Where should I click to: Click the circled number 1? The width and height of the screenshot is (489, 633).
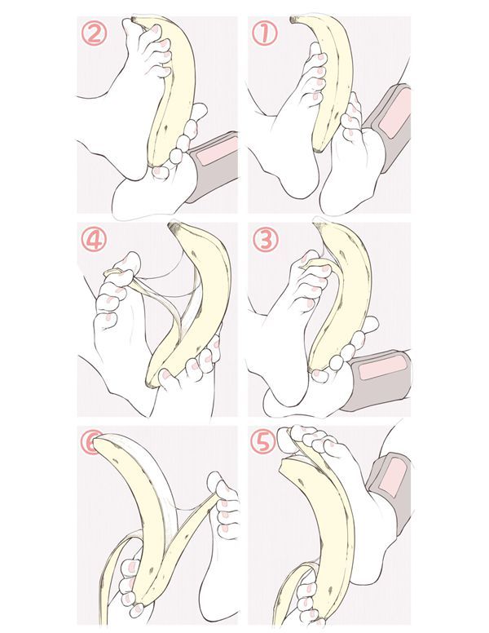click(x=265, y=33)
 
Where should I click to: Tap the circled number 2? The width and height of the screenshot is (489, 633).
click(x=94, y=33)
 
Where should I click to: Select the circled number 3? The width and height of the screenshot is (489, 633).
click(x=265, y=239)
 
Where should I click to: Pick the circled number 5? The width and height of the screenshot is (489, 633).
click(x=263, y=441)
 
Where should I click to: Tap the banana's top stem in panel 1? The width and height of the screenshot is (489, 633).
click(x=293, y=20)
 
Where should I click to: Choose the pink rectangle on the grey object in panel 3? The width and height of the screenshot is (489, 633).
click(x=382, y=367)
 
